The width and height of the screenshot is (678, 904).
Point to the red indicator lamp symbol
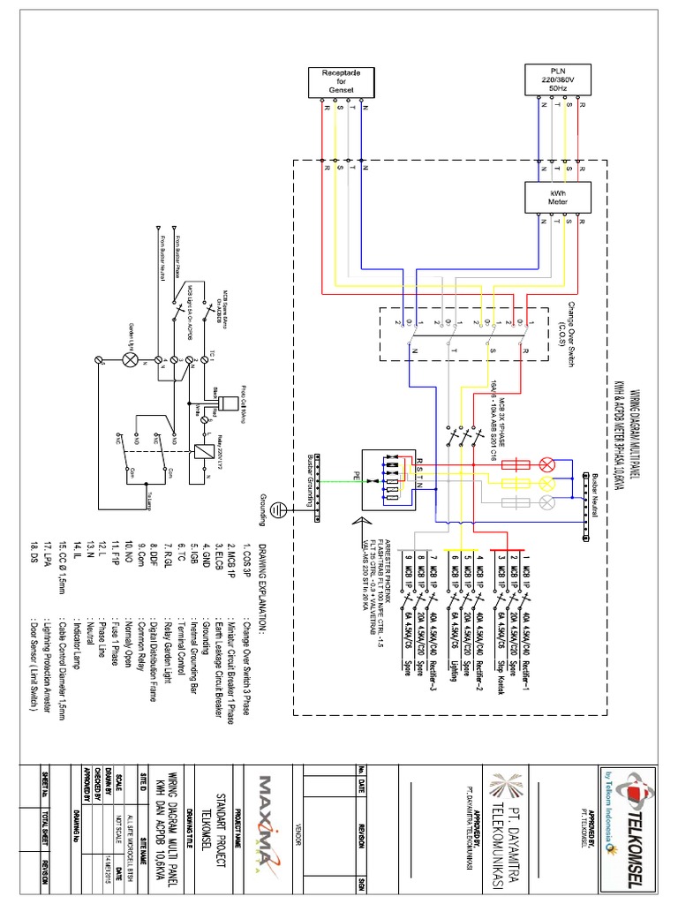547,464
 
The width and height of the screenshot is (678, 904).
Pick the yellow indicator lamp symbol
547,483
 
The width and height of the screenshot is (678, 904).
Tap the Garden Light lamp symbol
132,360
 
